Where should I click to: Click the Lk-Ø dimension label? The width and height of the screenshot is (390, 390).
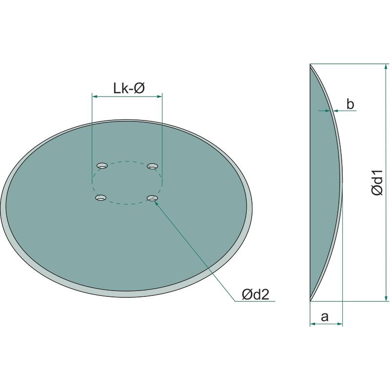coord(129,88)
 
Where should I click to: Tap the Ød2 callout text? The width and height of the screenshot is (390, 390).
coord(255,294)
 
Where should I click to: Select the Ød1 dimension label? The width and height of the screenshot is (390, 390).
coord(377,183)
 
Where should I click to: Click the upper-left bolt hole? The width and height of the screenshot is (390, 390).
coord(102,166)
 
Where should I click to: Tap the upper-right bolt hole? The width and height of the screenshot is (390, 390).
coord(153,166)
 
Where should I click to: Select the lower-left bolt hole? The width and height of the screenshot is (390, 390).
coord(101,198)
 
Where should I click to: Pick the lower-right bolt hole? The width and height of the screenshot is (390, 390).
coord(153,198)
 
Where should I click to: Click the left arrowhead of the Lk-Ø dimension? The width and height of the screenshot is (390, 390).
coord(95,96)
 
